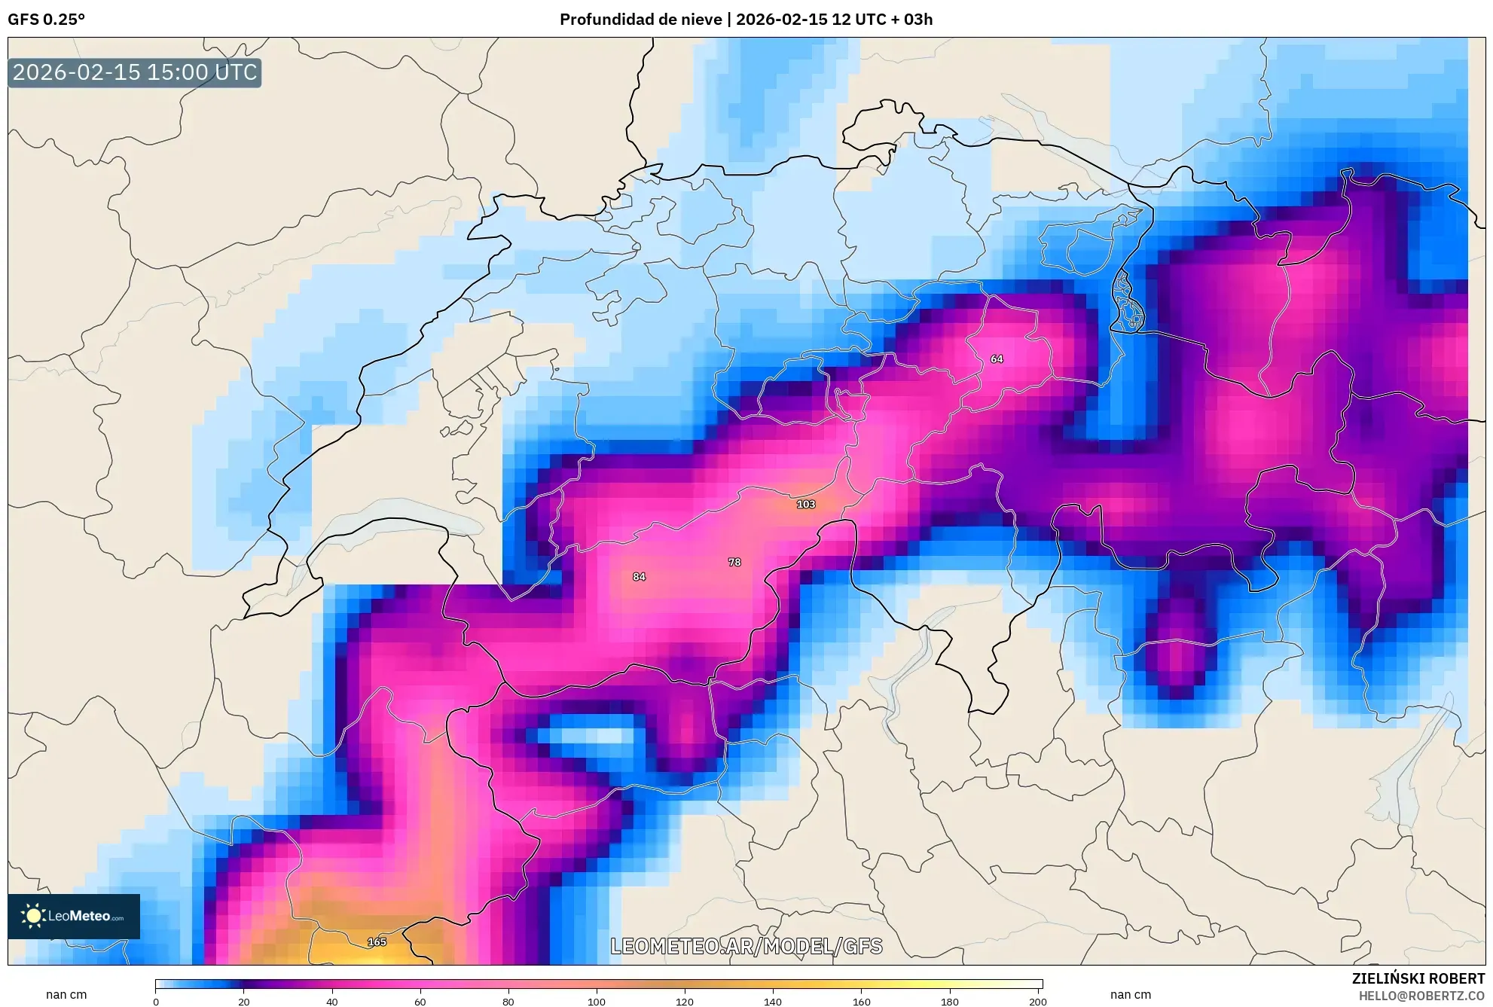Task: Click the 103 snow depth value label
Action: point(805,504)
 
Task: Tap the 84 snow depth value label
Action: point(639,576)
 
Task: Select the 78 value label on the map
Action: point(734,562)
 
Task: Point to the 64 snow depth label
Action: point(997,359)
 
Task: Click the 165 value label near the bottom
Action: point(377,941)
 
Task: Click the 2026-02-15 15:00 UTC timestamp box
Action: point(135,72)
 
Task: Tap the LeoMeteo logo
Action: point(74,916)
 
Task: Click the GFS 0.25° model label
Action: point(46,20)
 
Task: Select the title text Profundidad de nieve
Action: point(640,20)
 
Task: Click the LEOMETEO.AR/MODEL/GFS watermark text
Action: point(746,946)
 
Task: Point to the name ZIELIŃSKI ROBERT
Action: point(1418,978)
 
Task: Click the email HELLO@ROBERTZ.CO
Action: point(1421,996)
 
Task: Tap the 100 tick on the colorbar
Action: point(597,1001)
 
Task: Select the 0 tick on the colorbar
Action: point(156,1001)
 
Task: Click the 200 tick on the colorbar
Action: point(1037,1001)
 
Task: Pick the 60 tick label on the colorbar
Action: point(420,1001)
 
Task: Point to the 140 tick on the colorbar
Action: point(773,1001)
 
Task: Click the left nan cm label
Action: point(66,994)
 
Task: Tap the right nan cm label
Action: point(1130,994)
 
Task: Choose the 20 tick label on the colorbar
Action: point(244,1001)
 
